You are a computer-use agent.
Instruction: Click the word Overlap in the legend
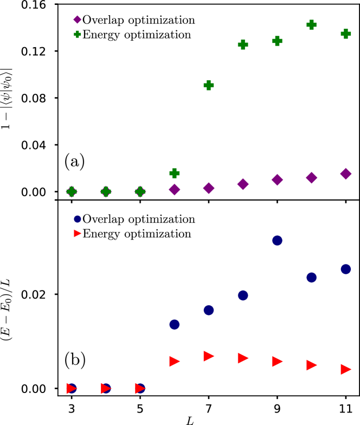pos(103,220)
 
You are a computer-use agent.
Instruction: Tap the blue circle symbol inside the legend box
pos(78,219)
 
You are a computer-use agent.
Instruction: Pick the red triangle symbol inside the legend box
pos(78,234)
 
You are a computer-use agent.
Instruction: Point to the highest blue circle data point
pos(277,240)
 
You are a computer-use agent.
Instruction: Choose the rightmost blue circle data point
pos(345,269)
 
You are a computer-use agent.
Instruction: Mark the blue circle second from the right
pos(311,278)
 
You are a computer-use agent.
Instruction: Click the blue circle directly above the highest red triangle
pos(209,310)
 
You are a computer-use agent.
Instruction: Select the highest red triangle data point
pos(209,356)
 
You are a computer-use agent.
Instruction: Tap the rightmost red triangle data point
pos(345,369)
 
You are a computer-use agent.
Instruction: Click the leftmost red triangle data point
pos(72,389)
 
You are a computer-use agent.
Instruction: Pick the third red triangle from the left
pos(140,389)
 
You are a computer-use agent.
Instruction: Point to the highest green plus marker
pos(311,25)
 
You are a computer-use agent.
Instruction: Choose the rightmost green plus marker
pos(345,34)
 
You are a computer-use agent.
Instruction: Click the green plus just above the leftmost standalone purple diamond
pos(174,173)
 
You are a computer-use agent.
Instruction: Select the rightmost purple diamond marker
pos(345,174)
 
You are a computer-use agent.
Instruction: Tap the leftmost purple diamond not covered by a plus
pos(174,189)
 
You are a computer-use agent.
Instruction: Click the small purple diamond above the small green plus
pos(78,20)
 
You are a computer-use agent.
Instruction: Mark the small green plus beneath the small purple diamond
pos(78,35)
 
